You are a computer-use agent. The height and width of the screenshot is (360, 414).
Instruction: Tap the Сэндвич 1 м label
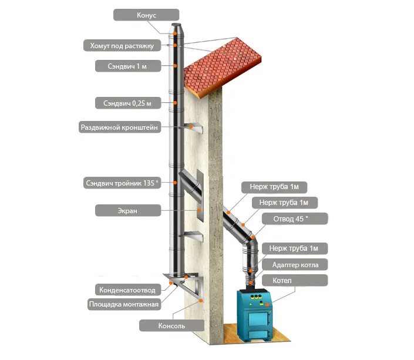click(128, 66)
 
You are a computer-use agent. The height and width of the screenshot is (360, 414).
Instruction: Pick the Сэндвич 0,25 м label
click(127, 103)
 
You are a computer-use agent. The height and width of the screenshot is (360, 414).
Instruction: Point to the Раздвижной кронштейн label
click(119, 127)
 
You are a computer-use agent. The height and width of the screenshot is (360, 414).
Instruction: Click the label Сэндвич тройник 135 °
click(121, 183)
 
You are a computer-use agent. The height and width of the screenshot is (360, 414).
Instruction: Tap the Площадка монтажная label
click(123, 304)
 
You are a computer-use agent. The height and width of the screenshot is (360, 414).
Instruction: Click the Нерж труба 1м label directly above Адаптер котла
click(294, 248)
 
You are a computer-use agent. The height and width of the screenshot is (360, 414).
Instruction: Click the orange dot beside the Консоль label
click(201, 299)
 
